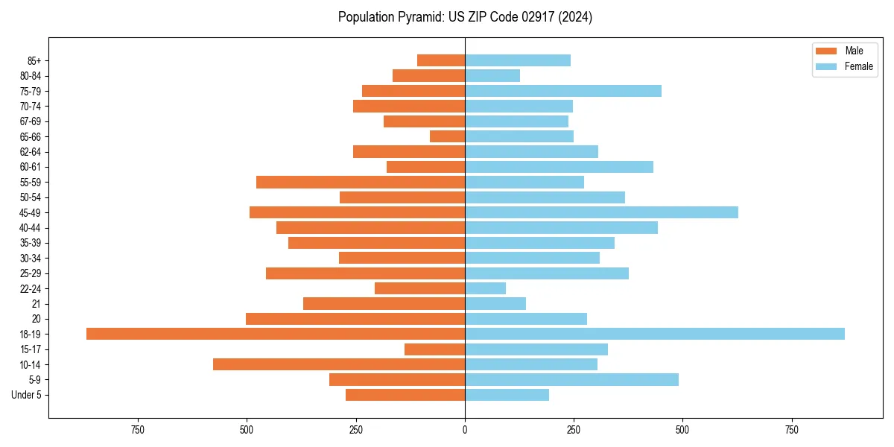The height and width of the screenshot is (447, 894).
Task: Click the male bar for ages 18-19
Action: pyautogui.click(x=276, y=334)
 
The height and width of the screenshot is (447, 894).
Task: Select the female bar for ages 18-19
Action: pyautogui.click(x=655, y=334)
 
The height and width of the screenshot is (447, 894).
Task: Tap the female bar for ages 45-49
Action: pyautogui.click(x=601, y=212)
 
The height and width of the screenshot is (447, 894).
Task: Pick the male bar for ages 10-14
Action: pyautogui.click(x=339, y=364)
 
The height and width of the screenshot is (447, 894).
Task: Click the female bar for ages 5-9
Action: pyautogui.click(x=571, y=379)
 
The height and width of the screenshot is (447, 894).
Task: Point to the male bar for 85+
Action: pyautogui.click(x=441, y=60)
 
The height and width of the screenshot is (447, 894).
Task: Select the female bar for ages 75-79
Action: pyautogui.click(x=563, y=91)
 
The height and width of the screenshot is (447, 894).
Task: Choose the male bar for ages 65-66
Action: pyautogui.click(x=447, y=136)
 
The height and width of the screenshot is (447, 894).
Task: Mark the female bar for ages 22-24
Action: pyautogui.click(x=485, y=288)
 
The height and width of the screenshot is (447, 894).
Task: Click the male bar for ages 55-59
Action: pyautogui.click(x=361, y=182)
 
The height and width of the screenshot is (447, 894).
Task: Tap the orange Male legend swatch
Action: pyautogui.click(x=826, y=51)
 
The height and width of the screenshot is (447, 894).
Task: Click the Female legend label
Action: pyautogui.click(x=859, y=66)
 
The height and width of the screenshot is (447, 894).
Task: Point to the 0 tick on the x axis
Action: pyautogui.click(x=465, y=430)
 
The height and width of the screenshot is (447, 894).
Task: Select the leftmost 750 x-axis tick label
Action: pyautogui.click(x=137, y=430)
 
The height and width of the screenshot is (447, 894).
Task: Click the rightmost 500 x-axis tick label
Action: pyautogui.click(x=682, y=430)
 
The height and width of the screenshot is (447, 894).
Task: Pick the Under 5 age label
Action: pyautogui.click(x=26, y=395)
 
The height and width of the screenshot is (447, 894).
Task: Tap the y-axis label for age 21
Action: pyautogui.click(x=36, y=304)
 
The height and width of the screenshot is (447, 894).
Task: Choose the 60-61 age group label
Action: pyautogui.click(x=30, y=167)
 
